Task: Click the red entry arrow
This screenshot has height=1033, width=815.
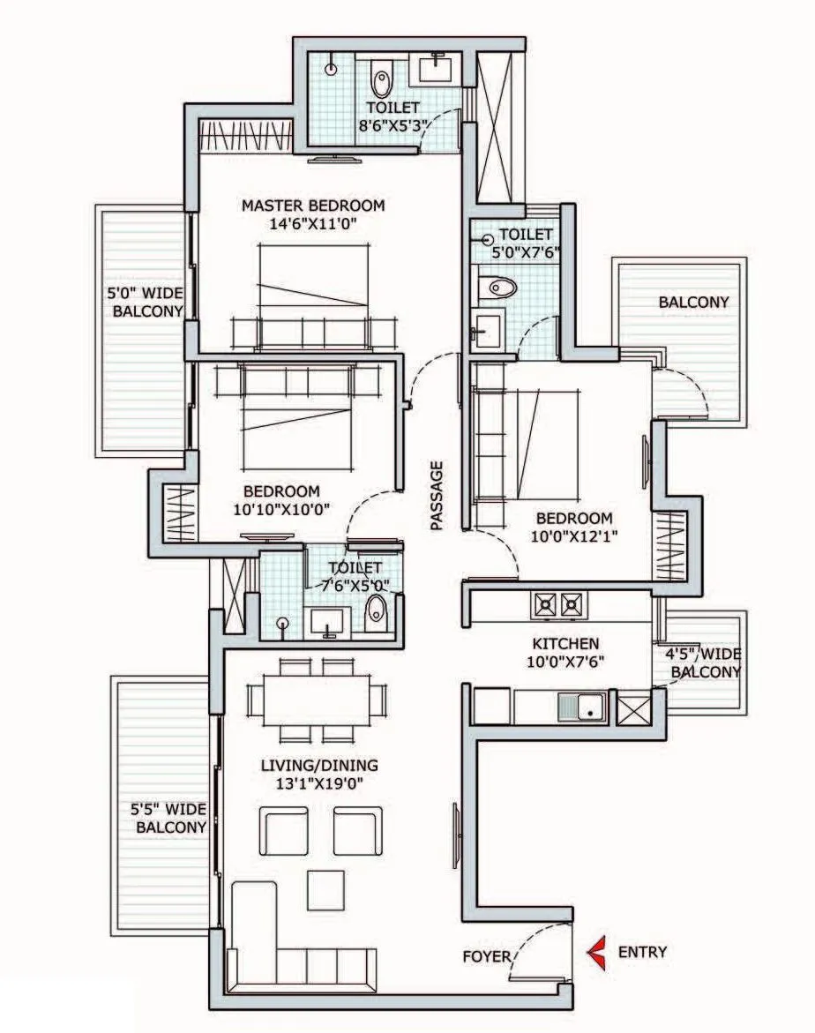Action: [x=597, y=952]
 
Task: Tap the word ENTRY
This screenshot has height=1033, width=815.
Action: [x=642, y=952]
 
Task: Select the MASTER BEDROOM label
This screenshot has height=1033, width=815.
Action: [x=313, y=206]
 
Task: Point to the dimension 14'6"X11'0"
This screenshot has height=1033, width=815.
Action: [x=313, y=224]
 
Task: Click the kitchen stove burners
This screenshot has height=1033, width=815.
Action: [x=558, y=604]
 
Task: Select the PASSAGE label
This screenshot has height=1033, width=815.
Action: [x=437, y=496]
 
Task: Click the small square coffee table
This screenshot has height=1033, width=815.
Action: [x=325, y=889]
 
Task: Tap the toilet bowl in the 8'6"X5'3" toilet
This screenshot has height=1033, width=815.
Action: [x=381, y=82]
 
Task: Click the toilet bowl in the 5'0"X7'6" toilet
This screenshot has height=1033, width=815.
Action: [x=500, y=287]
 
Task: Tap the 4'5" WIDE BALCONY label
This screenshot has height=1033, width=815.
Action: [x=704, y=662]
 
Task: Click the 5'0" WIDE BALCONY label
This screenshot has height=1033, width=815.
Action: [x=145, y=301]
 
